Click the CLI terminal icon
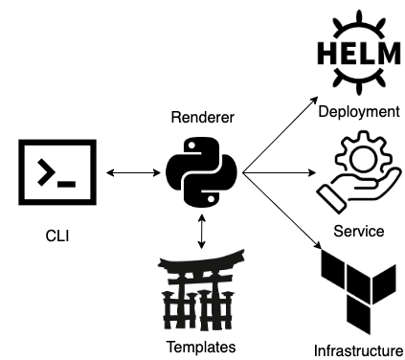(x=56, y=173)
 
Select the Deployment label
(x=358, y=112)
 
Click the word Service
(x=358, y=232)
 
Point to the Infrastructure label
(x=358, y=350)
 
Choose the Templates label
(x=200, y=347)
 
